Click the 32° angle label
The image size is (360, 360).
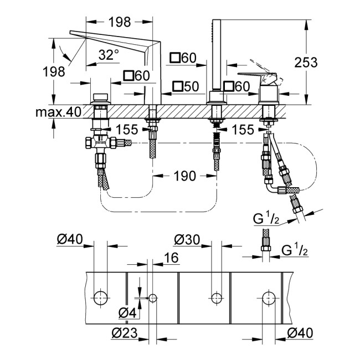coord(109,54)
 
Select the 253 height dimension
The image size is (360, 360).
coord(306,62)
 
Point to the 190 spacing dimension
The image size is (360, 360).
coord(184,176)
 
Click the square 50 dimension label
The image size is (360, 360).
coord(184,86)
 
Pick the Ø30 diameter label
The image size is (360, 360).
coord(187,240)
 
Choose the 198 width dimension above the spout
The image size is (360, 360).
coord(120,22)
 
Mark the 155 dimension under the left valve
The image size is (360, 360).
coord(128,130)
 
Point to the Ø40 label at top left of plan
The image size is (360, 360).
coord(70,240)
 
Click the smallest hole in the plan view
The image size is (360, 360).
coord(152,298)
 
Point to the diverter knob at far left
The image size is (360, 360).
coord(101,94)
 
